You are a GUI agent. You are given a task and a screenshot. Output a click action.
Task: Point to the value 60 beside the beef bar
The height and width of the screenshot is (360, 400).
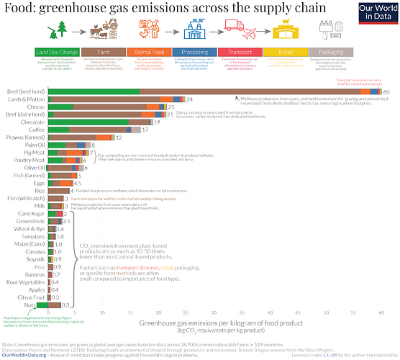pos(386,92)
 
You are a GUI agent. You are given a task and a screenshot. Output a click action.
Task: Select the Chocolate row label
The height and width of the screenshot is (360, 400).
pos(34,122)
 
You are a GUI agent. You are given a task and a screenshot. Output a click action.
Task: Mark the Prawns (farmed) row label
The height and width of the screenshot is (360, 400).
pos(28,138)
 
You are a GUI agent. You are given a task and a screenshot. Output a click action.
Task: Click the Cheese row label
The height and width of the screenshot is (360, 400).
pos(36,107)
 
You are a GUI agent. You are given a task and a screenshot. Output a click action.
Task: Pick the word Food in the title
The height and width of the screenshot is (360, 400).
pos(19,9)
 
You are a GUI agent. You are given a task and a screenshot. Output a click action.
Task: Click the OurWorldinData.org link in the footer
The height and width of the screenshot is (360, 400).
pos(24,355)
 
